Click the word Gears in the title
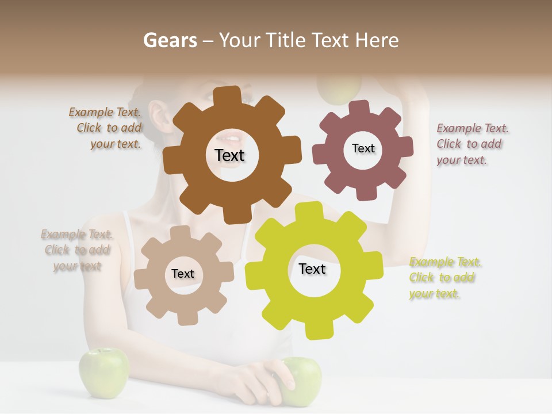[170, 40]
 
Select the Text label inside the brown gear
[229, 155]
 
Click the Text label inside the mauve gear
[363, 148]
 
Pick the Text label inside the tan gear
[183, 274]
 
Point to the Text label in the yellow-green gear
[312, 269]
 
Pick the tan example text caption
[76, 250]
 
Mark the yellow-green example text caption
[444, 278]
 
